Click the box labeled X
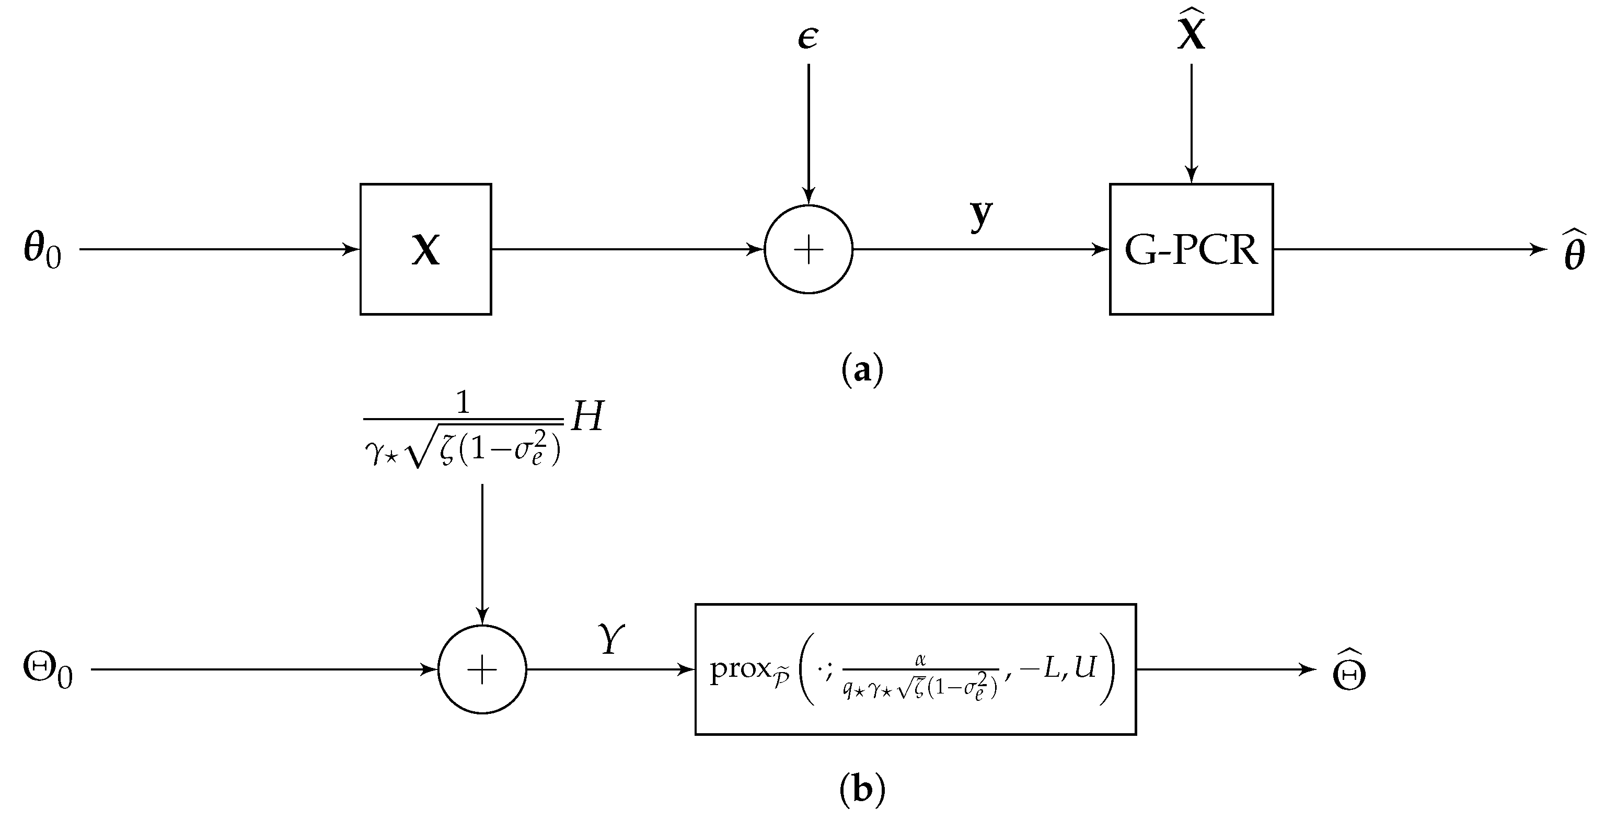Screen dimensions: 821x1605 (425, 249)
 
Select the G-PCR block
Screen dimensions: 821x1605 (1191, 249)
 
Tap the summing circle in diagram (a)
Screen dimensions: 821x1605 (808, 249)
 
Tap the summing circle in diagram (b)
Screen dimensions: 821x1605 (482, 669)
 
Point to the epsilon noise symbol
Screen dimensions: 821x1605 (808, 38)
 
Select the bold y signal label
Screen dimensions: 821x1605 (980, 215)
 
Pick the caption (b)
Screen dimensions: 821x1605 (862, 790)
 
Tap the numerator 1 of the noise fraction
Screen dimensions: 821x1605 (463, 403)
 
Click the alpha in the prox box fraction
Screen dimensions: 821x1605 (920, 659)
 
